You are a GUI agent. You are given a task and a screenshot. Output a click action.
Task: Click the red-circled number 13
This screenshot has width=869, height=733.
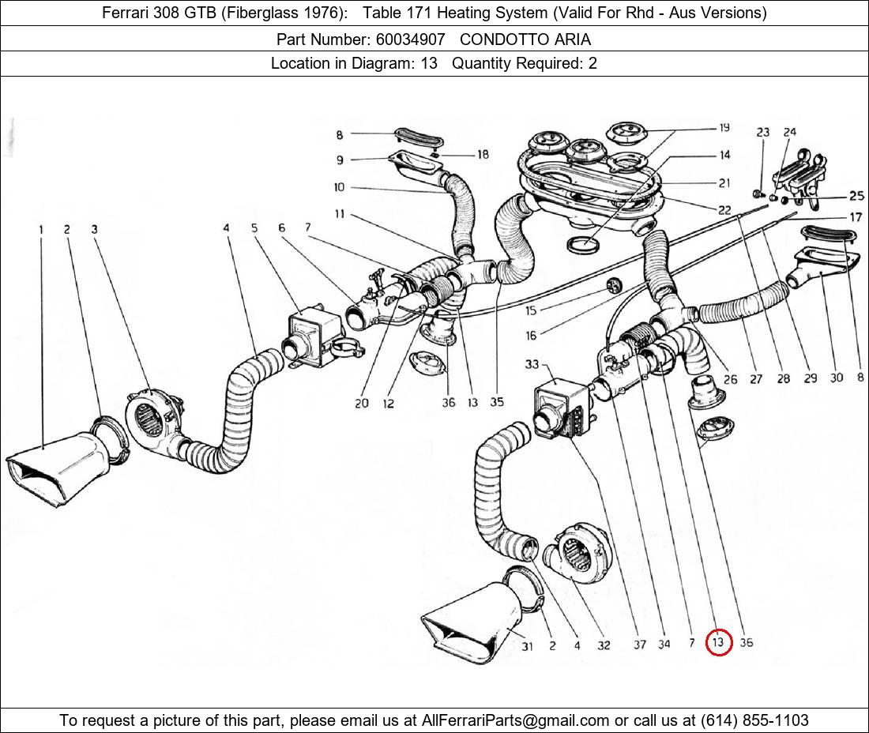(718, 643)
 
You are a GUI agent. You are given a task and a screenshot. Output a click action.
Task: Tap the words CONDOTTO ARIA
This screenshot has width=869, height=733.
(525, 39)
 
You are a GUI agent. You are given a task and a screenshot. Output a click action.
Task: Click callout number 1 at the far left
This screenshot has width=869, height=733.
(40, 230)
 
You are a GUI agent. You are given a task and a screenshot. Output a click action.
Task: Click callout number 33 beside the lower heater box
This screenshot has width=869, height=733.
(531, 364)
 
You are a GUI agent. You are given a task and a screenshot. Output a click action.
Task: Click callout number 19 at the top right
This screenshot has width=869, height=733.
(724, 128)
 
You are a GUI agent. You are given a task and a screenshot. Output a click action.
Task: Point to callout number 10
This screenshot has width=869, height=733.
(340, 187)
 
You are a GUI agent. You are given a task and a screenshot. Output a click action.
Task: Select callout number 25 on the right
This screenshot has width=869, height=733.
(856, 196)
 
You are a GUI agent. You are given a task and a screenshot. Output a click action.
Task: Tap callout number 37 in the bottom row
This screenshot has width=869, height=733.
(639, 644)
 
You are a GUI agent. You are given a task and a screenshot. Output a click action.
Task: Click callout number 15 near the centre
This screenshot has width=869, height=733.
(530, 310)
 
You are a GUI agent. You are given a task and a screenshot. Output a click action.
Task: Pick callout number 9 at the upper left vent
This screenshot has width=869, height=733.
(340, 160)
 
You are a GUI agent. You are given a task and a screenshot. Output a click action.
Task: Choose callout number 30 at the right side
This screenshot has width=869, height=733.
(836, 378)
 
